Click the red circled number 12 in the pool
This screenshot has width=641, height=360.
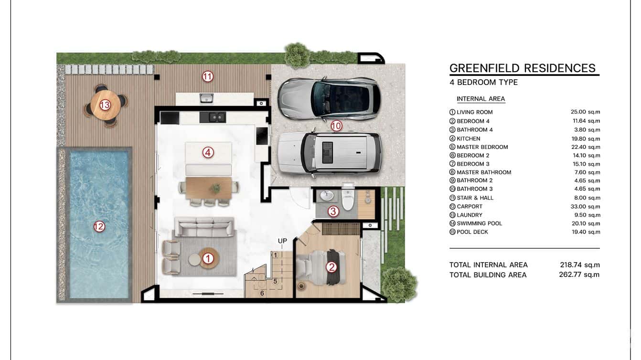(99, 227)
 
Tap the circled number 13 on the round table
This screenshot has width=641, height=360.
(105, 105)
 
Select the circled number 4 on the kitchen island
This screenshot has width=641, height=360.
(207, 153)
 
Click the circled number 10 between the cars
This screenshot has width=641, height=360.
(336, 126)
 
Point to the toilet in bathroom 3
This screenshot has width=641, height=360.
(347, 200)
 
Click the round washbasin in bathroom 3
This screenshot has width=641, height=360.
(327, 196)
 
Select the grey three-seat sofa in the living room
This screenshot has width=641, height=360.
(204, 227)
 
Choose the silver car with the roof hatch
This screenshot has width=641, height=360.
(330, 152)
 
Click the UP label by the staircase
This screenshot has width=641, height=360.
(282, 241)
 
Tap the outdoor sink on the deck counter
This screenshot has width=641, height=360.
(206, 98)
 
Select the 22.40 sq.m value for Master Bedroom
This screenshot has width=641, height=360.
(585, 147)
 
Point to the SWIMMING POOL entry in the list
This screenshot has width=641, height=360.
(479, 223)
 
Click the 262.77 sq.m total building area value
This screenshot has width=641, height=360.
(579, 275)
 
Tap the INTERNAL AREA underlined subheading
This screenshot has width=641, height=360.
(481, 99)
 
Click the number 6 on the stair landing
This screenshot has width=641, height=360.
(262, 293)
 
